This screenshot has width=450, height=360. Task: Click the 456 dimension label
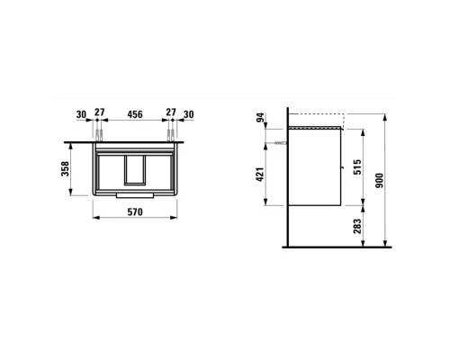pyautogui.click(x=135, y=114)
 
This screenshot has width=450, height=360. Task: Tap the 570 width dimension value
pyautogui.click(x=135, y=212)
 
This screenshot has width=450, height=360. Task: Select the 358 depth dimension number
pyautogui.click(x=65, y=168)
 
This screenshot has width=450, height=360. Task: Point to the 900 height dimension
pyautogui.click(x=380, y=180)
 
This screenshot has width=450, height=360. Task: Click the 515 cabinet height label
pyautogui.click(x=357, y=167)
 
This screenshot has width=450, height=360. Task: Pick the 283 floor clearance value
pyautogui.click(x=357, y=227)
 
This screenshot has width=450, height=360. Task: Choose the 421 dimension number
pyautogui.click(x=260, y=175)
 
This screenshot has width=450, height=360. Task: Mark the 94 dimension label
pyautogui.click(x=261, y=117)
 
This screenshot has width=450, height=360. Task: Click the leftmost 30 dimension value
pyautogui.click(x=81, y=114)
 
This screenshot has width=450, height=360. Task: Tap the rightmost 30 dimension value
pyautogui.click(x=189, y=114)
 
